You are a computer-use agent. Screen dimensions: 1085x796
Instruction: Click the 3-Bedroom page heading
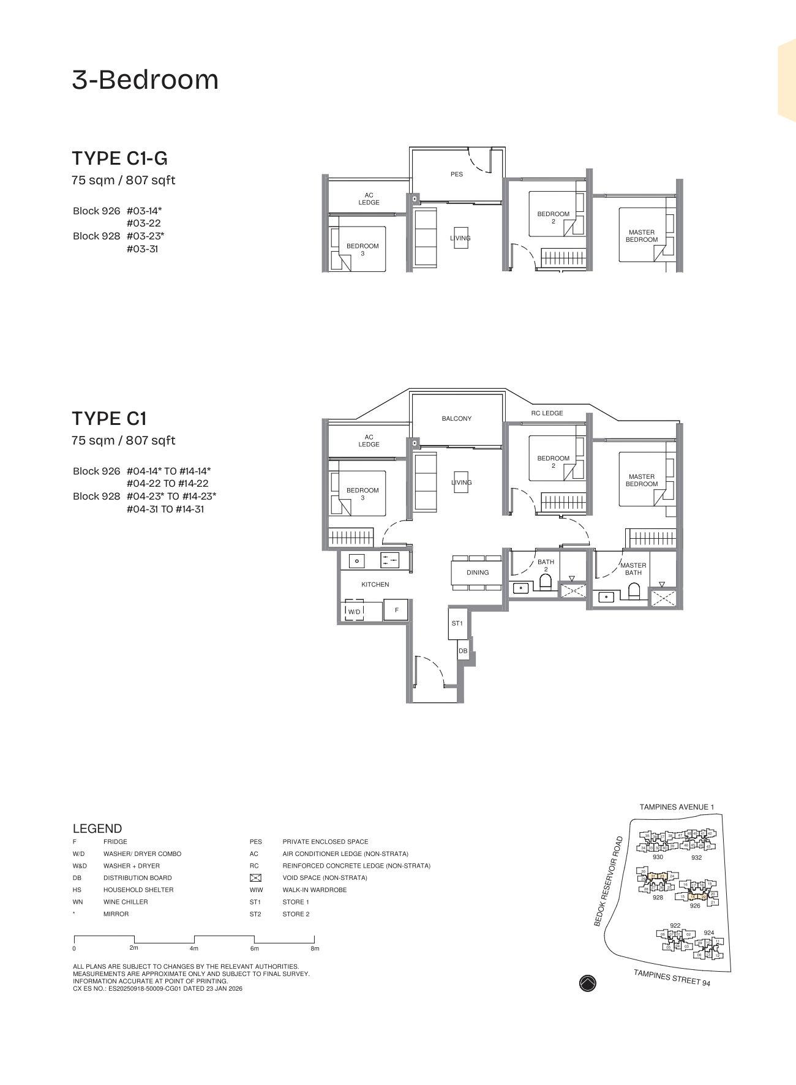coord(145,80)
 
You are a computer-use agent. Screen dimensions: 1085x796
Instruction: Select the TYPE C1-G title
coord(120,159)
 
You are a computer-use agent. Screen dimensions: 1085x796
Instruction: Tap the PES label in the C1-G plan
coord(457,175)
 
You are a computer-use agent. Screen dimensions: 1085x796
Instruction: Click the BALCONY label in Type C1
coord(457,419)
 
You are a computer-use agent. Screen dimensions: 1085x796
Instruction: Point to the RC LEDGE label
coord(547,413)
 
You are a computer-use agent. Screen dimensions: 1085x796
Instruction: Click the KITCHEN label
coord(375,585)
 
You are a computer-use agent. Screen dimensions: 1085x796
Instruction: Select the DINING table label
coord(478,573)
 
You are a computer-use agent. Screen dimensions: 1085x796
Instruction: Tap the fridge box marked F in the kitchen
coord(396,610)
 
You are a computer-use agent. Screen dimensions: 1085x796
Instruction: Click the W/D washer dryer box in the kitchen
coord(355,611)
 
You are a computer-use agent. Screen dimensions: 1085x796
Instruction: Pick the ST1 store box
coord(457,623)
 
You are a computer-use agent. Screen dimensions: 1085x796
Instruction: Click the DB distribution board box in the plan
coord(463,651)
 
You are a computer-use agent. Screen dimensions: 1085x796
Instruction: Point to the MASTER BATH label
coord(633,569)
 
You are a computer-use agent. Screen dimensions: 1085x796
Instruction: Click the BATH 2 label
coord(546,565)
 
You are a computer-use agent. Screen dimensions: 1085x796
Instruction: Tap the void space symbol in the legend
coord(256,878)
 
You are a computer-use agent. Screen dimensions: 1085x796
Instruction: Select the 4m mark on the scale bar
coord(194,948)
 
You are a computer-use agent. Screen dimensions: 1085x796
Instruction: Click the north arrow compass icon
coord(587,983)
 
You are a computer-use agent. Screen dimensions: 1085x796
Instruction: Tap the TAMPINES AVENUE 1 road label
coord(677,808)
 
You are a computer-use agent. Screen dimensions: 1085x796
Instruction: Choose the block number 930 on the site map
coord(658,857)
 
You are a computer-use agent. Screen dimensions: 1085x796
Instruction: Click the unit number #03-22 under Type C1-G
coord(144,223)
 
